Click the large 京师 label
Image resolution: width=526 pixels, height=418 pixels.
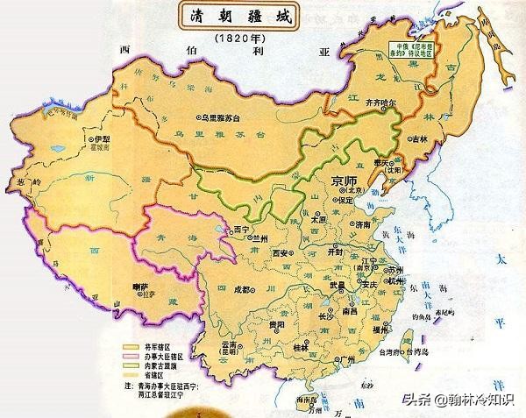pyautogui.click(x=344, y=181)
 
